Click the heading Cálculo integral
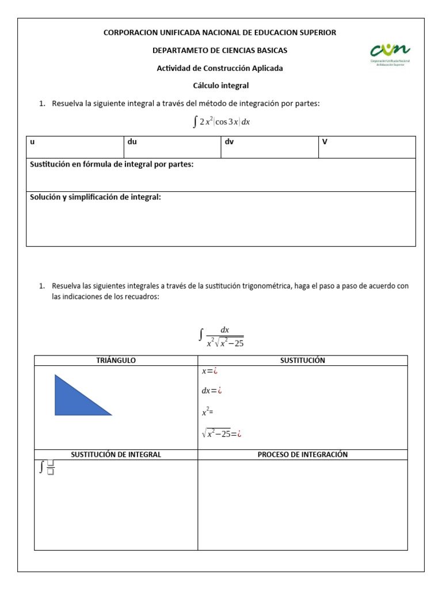[x=220, y=85]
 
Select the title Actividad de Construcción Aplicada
[x=220, y=68]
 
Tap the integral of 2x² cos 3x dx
[x=221, y=122]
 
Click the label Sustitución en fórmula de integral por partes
[x=112, y=165]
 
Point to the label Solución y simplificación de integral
[x=96, y=197]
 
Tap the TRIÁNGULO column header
[x=116, y=360]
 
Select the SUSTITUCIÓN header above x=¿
[x=302, y=360]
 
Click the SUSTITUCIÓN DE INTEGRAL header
[x=116, y=455]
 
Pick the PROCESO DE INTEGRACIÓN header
[x=302, y=455]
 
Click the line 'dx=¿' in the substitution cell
[x=212, y=391]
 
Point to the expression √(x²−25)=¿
[x=222, y=434]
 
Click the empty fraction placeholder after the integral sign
[x=51, y=468]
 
